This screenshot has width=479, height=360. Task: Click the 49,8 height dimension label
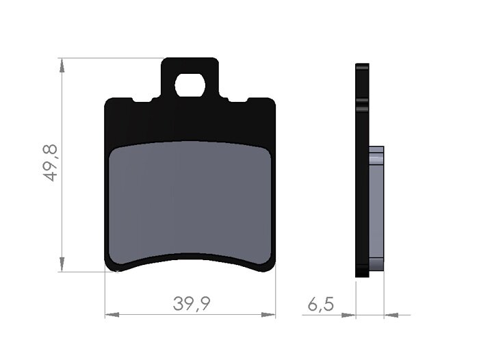(50, 163)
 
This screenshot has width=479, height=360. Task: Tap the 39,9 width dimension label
(191, 304)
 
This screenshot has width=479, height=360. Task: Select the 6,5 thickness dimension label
(320, 304)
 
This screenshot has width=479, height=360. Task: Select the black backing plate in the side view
(362, 171)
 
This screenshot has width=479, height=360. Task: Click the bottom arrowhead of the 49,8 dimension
(62, 265)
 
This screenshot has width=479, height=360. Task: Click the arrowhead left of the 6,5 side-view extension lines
(348, 315)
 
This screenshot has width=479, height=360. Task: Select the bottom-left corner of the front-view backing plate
(109, 267)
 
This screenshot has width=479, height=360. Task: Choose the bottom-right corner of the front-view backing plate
(271, 267)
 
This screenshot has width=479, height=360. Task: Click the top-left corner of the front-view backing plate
(108, 101)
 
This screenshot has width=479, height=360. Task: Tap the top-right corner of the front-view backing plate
(272, 101)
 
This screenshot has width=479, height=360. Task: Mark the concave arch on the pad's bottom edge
(191, 259)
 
